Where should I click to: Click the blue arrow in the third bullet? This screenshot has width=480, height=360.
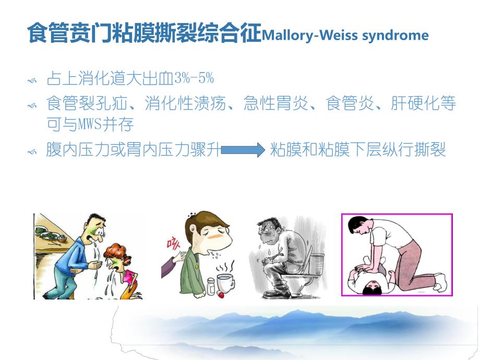coord(243,151)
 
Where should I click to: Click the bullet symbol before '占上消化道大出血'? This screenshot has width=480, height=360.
coord(32,80)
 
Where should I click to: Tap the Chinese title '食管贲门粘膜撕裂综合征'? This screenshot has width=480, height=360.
coord(143,33)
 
